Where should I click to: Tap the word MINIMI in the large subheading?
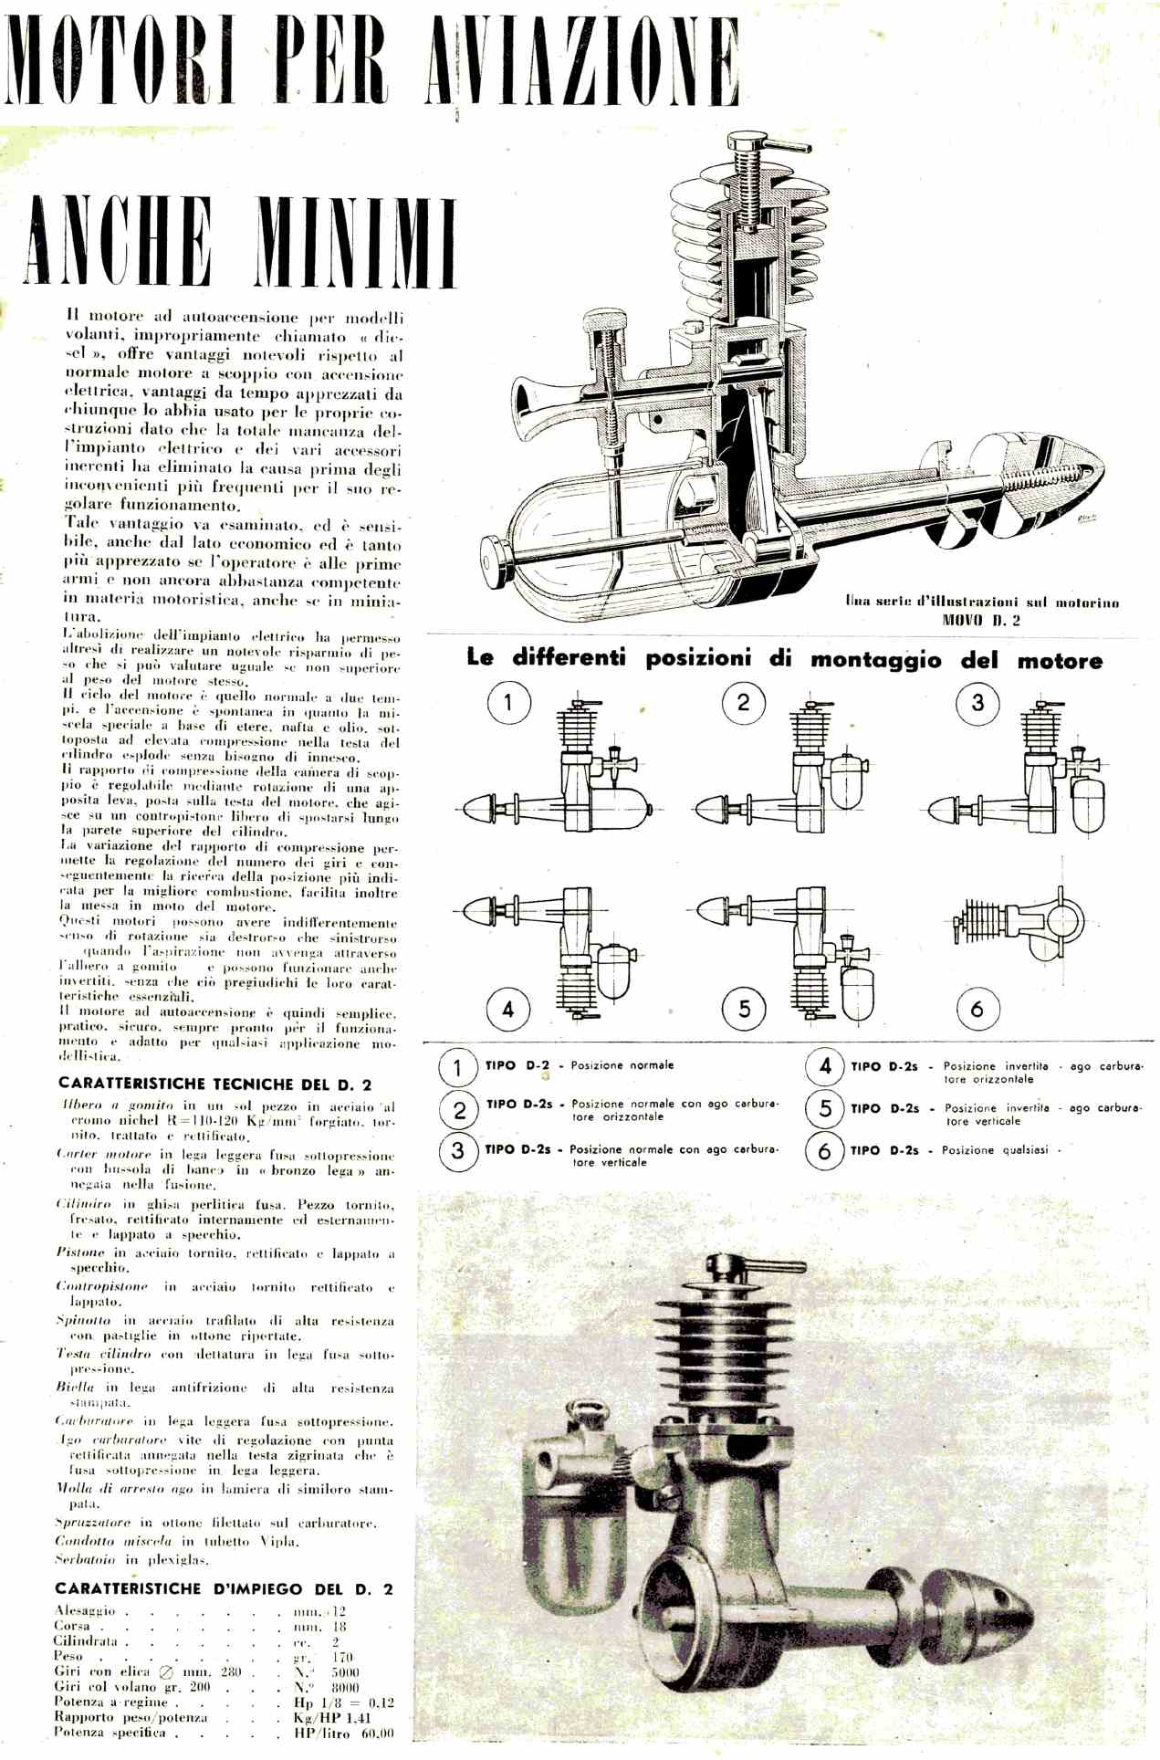[x=355, y=241]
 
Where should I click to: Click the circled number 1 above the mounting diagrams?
[x=507, y=704]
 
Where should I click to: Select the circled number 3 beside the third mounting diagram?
[x=977, y=704]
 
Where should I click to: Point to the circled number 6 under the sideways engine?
[x=977, y=1009]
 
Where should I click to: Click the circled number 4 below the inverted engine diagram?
[x=507, y=1009]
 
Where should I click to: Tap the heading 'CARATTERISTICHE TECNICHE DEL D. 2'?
[x=214, y=1084]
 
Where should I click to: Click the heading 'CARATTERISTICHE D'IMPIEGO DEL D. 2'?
[x=224, y=1588]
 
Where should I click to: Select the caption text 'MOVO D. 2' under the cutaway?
[x=981, y=620]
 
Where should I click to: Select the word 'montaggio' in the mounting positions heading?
[x=876, y=660]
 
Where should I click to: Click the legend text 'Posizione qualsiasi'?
[x=995, y=1150]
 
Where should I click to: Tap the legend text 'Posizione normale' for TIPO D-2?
[x=622, y=1065]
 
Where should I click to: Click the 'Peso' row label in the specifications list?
[x=68, y=1656]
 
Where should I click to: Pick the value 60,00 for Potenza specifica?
[x=377, y=1733]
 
